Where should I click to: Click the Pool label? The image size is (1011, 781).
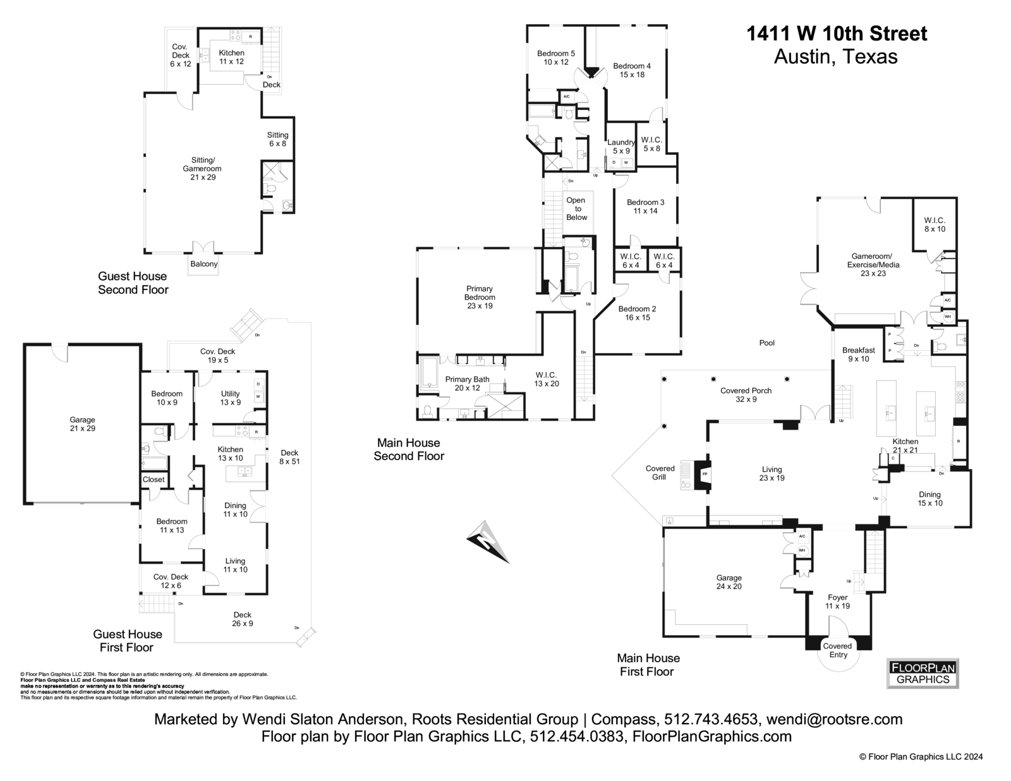(766, 343)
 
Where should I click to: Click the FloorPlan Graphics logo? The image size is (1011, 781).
(923, 674)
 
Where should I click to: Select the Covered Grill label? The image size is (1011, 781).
(660, 473)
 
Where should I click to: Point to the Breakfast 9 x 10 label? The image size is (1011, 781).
(858, 354)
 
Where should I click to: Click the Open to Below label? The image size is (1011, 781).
(576, 209)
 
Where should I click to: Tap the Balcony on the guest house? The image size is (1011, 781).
(203, 264)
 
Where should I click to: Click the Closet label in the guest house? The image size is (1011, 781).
(154, 480)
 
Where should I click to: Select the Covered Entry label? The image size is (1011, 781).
(838, 650)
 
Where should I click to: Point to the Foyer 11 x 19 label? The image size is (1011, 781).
(837, 602)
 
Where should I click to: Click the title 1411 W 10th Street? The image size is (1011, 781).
(837, 33)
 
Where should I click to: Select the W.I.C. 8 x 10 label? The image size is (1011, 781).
(934, 225)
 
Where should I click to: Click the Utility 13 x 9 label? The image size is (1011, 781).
(230, 398)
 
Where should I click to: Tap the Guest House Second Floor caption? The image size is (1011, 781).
(133, 283)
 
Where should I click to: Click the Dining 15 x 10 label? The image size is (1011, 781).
(929, 499)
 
